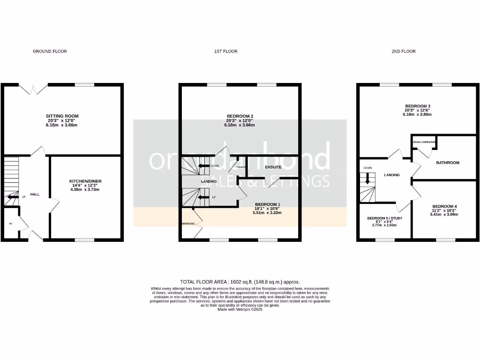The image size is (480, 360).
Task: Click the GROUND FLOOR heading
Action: coord(50,51)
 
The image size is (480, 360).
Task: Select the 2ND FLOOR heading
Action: coord(404,51)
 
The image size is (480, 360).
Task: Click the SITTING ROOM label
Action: coord(62,116)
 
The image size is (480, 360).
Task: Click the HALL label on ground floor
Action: coord(35,194)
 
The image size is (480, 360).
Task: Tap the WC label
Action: coord(10,224)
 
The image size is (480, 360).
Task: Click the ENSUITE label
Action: coord(273,167)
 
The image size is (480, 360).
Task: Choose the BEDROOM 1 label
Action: coord(267,204)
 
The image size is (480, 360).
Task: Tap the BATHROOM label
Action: coord(448,163)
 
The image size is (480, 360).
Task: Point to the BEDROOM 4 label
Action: coord(444,206)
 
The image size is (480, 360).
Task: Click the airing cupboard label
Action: coord(424,142)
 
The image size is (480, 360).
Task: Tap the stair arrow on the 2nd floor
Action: coord(368,178)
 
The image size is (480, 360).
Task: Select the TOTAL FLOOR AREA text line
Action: coord(240,282)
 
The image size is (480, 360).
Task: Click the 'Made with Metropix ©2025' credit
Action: coord(240,309)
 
